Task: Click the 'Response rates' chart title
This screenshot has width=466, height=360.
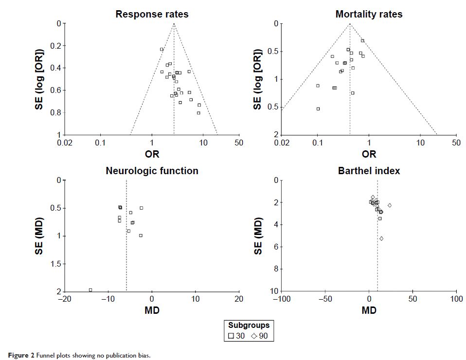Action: tap(152, 14)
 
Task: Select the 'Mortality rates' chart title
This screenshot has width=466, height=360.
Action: tap(369, 14)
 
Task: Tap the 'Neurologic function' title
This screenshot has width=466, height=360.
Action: tap(152, 171)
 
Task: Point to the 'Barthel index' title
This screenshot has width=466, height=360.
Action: tap(369, 171)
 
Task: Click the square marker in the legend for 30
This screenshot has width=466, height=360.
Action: tap(231, 336)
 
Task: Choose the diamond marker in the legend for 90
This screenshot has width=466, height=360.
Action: tap(255, 336)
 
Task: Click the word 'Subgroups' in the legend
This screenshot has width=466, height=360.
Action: tap(249, 325)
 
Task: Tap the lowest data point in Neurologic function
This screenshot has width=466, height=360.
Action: tap(90, 290)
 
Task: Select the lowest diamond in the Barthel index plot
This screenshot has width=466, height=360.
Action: tap(381, 238)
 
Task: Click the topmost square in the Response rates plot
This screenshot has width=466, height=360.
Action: tap(161, 49)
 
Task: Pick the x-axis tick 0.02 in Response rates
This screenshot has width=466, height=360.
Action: tap(65, 143)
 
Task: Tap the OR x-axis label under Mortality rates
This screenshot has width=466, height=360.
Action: tap(369, 154)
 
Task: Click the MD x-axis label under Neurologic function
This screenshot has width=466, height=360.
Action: tap(152, 310)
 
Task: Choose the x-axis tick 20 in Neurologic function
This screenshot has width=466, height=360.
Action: tap(238, 299)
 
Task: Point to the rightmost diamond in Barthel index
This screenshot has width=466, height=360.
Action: tap(390, 205)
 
